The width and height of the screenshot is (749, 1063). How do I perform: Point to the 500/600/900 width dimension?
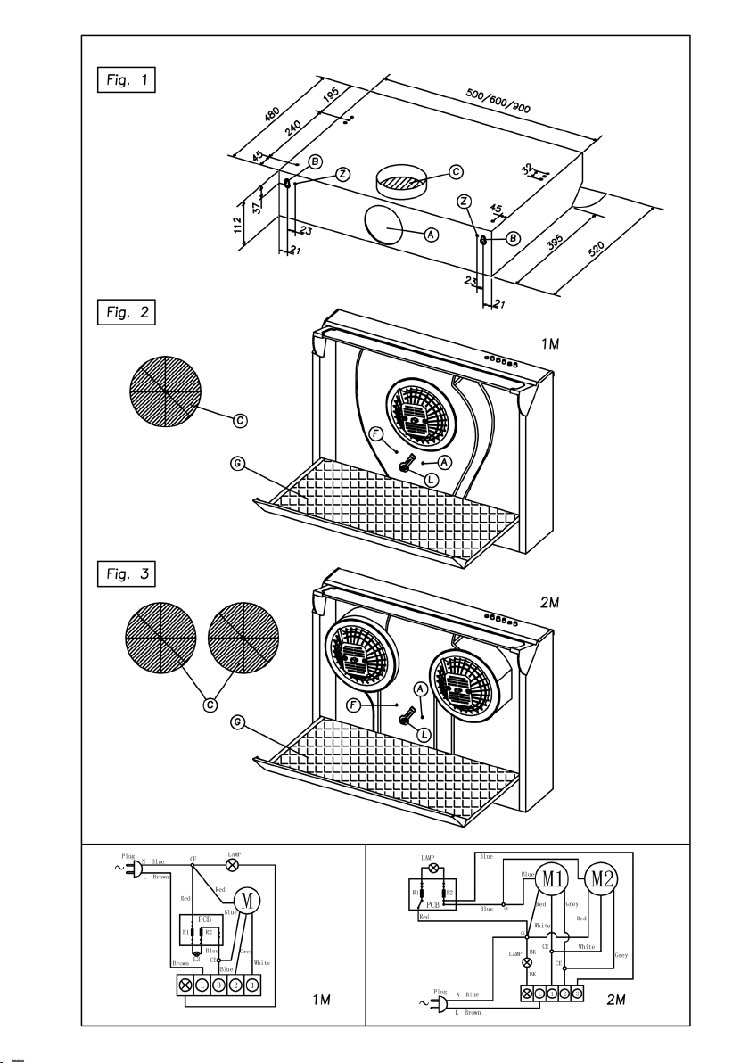[x=498, y=102]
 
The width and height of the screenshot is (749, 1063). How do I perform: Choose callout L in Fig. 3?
[x=424, y=733]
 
